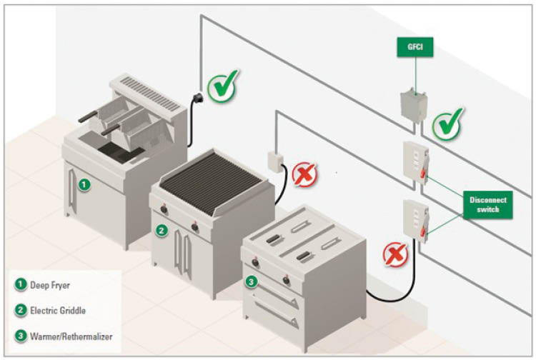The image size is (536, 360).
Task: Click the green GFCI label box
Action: (x=415, y=49)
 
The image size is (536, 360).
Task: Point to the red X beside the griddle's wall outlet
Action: (x=305, y=174)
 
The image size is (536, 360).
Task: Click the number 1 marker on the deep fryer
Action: (x=84, y=186)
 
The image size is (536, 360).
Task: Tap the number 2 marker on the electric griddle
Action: (x=162, y=230)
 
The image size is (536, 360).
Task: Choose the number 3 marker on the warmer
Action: (x=250, y=282)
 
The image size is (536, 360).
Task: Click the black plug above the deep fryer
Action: (x=196, y=97)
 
